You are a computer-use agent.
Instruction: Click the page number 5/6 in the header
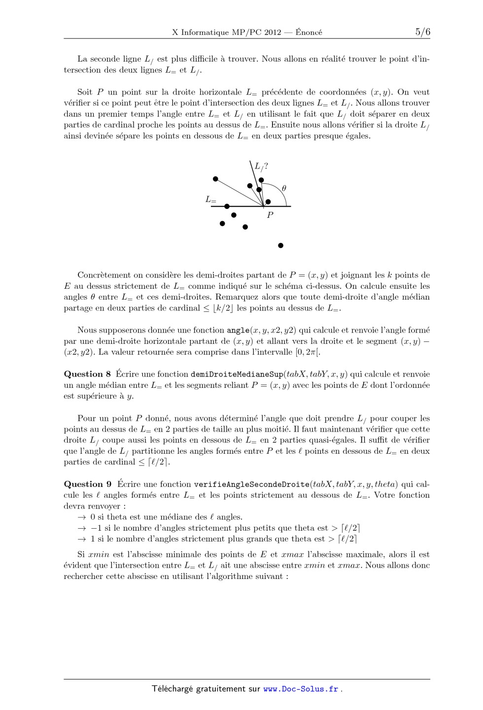pos(422,32)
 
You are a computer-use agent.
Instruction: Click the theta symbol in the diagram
pos(284,188)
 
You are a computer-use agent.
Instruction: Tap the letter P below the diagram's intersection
pos(270,215)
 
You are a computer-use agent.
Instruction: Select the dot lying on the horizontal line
pos(227,206)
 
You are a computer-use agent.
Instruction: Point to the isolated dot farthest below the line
pos(280,245)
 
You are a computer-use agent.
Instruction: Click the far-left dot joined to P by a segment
pos(215,179)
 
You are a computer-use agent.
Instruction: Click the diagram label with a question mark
pos(261,167)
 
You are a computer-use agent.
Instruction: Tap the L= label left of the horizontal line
pos(211,200)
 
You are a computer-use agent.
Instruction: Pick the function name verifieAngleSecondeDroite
pos(251,484)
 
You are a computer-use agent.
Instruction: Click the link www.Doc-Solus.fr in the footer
pos(301,689)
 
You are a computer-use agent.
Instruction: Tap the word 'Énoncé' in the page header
pos(309,33)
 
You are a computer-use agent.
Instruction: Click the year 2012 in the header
pos(272,33)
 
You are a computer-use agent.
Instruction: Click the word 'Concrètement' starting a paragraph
pos(103,275)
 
